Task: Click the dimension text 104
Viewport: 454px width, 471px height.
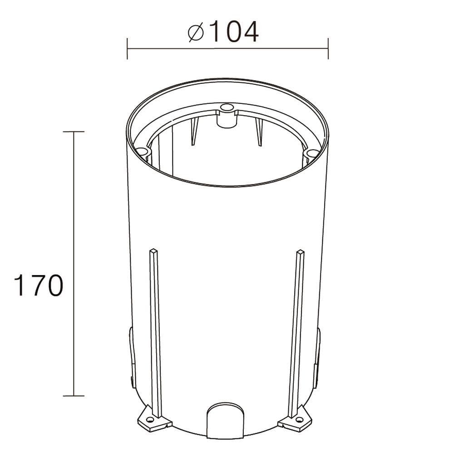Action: click(235, 32)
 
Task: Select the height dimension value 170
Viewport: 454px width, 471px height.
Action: click(38, 286)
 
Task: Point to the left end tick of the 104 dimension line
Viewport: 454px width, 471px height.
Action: click(127, 49)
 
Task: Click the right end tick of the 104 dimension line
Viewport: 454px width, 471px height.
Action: click(328, 49)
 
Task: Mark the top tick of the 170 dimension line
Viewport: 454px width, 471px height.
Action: click(74, 131)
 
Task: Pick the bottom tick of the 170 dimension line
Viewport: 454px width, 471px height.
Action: click(74, 396)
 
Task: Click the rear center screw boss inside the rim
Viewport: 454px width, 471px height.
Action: click(226, 108)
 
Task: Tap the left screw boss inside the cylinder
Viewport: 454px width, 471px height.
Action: click(142, 151)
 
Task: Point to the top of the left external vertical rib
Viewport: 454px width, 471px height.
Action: click(153, 250)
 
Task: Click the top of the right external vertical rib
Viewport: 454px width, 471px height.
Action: click(300, 251)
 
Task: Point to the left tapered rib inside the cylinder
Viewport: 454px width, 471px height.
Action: click(194, 132)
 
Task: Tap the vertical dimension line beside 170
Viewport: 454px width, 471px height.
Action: click(74, 204)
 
